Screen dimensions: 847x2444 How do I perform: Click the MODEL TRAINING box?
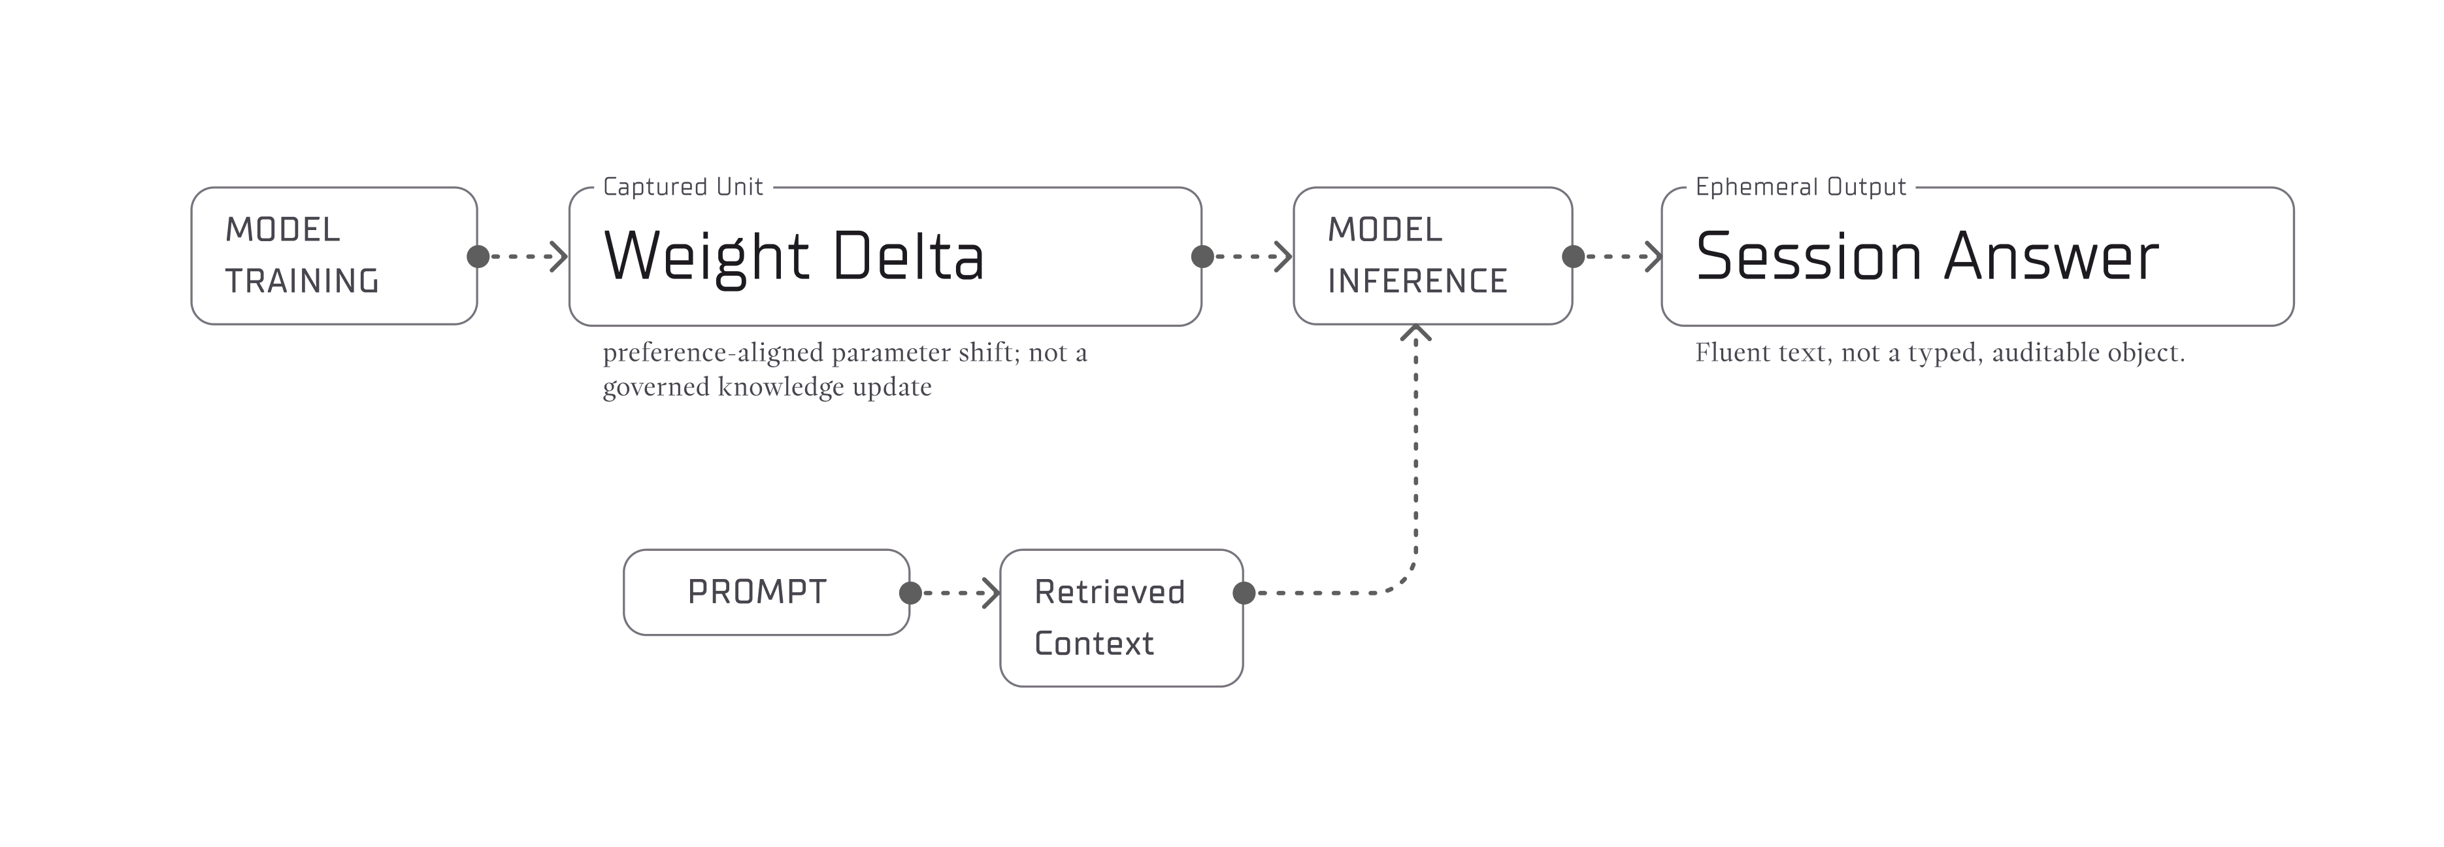pyautogui.click(x=334, y=256)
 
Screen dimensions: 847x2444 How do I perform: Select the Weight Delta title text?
pyautogui.click(x=794, y=256)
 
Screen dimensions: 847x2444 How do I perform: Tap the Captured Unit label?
pyautogui.click(x=683, y=187)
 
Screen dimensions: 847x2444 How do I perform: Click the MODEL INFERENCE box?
pyautogui.click(x=1432, y=256)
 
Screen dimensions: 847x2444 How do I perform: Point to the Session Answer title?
pyautogui.click(x=1927, y=256)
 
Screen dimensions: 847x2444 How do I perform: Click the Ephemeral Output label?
pyautogui.click(x=1800, y=187)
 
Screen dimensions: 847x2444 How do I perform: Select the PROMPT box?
pyautogui.click(x=766, y=592)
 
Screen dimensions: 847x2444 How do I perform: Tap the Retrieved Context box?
pyautogui.click(x=1121, y=618)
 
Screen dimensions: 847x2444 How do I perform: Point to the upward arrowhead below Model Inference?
pyautogui.click(x=1415, y=332)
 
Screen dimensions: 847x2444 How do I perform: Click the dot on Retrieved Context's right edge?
pyautogui.click(x=1244, y=593)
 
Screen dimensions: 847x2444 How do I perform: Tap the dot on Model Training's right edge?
pyautogui.click(x=478, y=256)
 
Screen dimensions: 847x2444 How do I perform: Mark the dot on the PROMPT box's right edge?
pyautogui.click(x=910, y=593)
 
